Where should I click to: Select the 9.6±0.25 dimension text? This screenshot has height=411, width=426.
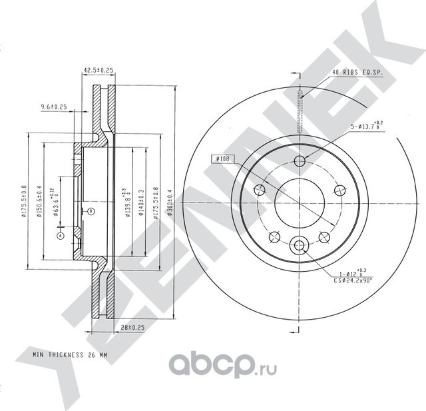point(54,107)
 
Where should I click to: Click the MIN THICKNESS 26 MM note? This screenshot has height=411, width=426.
point(70,354)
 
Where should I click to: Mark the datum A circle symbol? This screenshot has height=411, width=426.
point(61,236)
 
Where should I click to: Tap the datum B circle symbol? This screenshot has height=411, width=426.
point(91,211)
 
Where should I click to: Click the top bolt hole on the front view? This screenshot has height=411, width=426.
point(300,161)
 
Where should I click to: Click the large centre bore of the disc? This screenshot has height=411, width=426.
point(299,199)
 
